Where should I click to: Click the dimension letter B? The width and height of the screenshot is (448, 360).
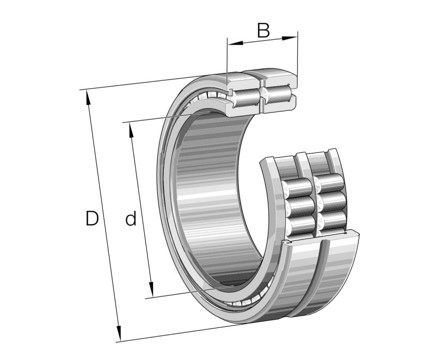(x=263, y=30)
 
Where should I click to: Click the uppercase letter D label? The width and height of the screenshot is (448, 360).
(x=92, y=219)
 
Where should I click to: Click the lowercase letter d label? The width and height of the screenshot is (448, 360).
(x=131, y=219)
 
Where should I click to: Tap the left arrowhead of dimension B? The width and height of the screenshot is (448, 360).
(x=231, y=43)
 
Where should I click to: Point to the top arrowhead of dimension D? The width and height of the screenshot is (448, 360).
(x=88, y=94)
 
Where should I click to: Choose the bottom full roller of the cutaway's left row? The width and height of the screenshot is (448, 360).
(x=299, y=224)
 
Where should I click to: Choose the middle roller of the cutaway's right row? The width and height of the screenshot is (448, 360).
(x=331, y=201)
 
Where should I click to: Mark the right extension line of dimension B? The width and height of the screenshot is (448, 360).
(x=298, y=54)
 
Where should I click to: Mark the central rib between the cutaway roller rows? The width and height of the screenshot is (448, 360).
(x=315, y=201)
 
